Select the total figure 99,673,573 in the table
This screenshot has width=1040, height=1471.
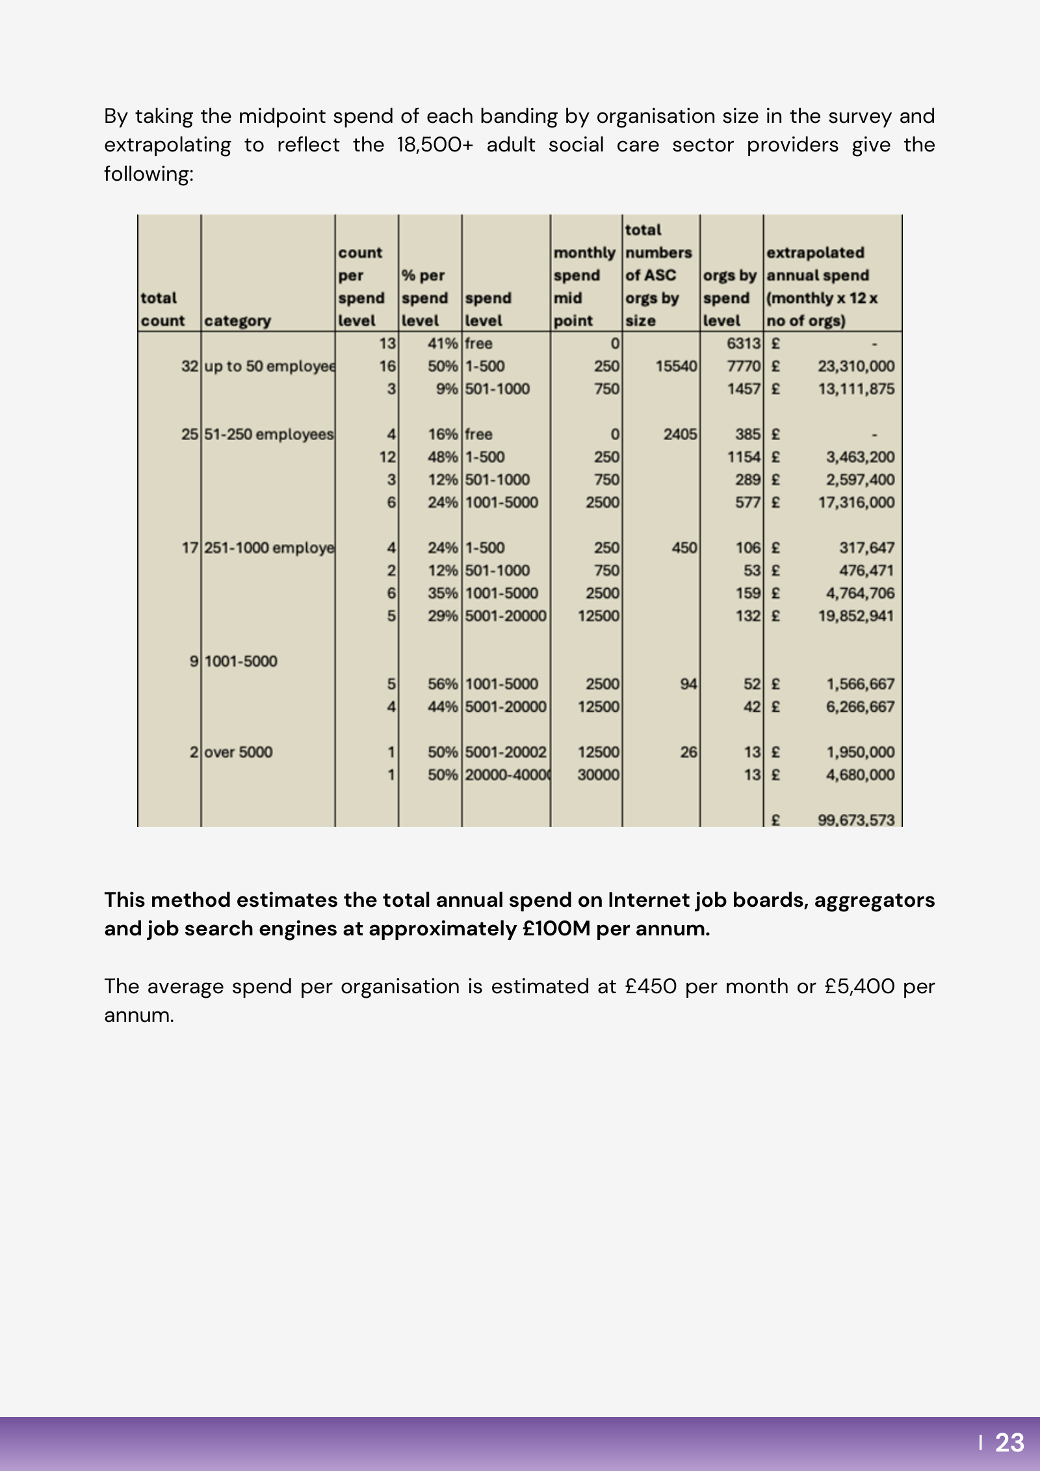tap(855, 820)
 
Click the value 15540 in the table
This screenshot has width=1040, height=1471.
tap(676, 367)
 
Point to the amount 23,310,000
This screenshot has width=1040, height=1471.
tap(855, 367)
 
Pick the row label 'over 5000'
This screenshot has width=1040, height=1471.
tap(238, 752)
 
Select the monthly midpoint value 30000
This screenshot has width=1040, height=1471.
tap(598, 775)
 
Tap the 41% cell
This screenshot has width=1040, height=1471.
tap(443, 344)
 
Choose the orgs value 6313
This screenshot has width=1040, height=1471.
tap(743, 344)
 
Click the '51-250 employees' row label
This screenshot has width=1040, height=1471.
tap(268, 434)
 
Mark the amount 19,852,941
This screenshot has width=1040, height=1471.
tap(855, 616)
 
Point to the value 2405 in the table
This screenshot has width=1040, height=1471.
tap(680, 434)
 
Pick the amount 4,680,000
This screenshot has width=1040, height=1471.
tap(860, 775)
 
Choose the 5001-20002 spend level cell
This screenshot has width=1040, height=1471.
tap(506, 752)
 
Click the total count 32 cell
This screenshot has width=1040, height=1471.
tap(189, 367)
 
